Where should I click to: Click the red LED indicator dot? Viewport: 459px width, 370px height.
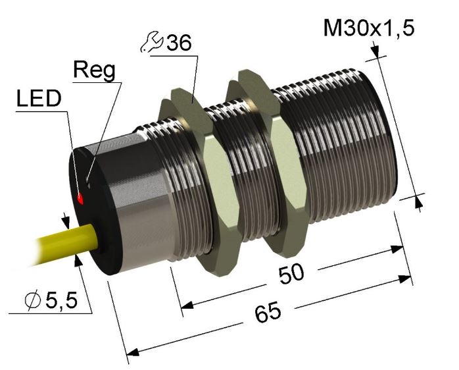point(80,199)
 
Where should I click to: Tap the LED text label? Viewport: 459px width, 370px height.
point(39,99)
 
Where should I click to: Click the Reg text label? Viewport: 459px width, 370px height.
point(94,70)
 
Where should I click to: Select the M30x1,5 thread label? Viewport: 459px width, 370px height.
point(369,28)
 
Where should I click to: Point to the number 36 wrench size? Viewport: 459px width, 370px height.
point(179,43)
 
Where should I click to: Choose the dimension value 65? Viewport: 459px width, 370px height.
point(268,313)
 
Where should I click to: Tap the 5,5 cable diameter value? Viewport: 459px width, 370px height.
point(61,301)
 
